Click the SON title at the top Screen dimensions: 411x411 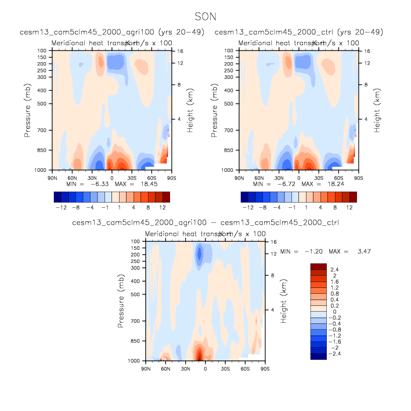tap(205, 19)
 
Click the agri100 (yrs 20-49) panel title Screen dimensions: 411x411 tap(111, 32)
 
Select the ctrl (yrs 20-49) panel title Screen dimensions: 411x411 tap(298, 32)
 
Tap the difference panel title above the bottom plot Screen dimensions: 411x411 tap(205, 222)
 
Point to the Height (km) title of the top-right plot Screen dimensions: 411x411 tap(377, 110)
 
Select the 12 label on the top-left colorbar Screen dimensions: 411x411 tap(163, 206)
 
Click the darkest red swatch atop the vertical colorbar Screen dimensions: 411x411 tap(319, 266)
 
